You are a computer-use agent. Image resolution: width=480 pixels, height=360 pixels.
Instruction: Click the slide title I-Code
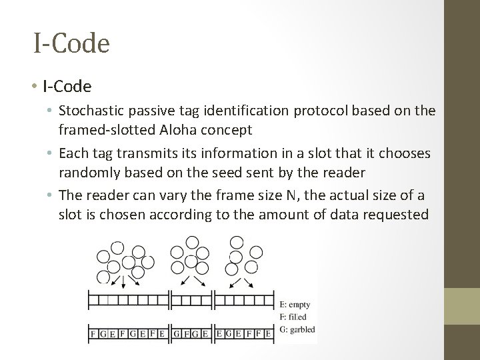pos(71,44)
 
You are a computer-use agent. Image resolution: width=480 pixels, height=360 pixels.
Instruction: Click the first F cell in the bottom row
pos(93,332)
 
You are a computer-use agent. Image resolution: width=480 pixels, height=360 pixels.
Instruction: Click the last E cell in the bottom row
pos(268,332)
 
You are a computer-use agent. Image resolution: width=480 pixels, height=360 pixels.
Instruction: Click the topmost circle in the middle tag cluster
pos(193,241)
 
